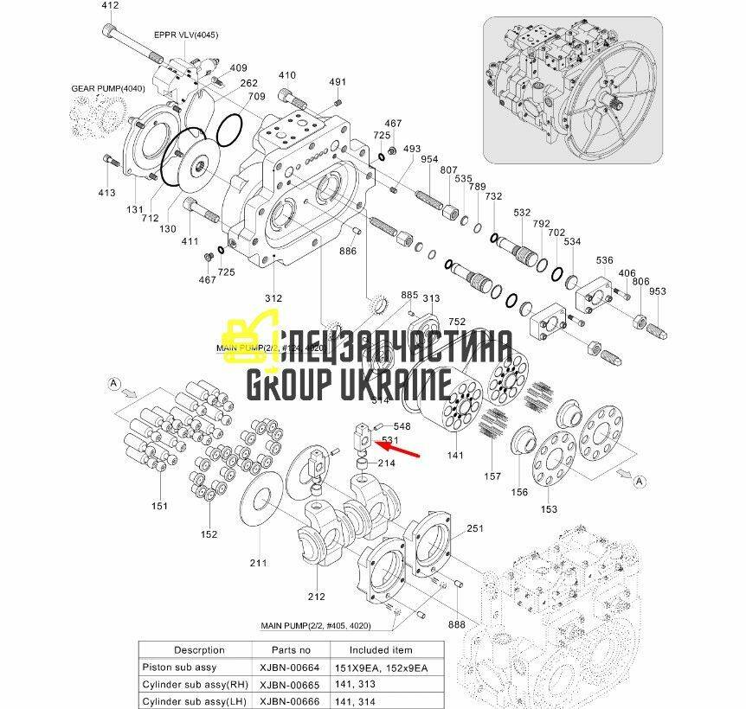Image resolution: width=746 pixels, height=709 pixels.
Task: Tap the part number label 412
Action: click(110, 5)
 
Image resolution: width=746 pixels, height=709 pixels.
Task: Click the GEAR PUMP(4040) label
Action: click(108, 88)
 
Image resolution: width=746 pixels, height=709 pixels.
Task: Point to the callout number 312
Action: click(273, 298)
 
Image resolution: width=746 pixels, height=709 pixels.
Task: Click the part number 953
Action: click(658, 291)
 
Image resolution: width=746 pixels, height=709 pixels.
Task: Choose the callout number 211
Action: click(258, 563)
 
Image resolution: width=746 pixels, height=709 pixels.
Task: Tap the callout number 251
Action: click(474, 527)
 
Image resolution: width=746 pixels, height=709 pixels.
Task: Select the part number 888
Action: click(457, 624)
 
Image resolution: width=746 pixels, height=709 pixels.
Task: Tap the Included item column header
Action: click(381, 649)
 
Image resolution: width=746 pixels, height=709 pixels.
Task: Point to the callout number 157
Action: click(492, 476)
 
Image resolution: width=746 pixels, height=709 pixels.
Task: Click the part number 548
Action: click(402, 426)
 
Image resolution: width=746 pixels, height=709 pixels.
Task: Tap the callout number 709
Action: click(256, 96)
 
